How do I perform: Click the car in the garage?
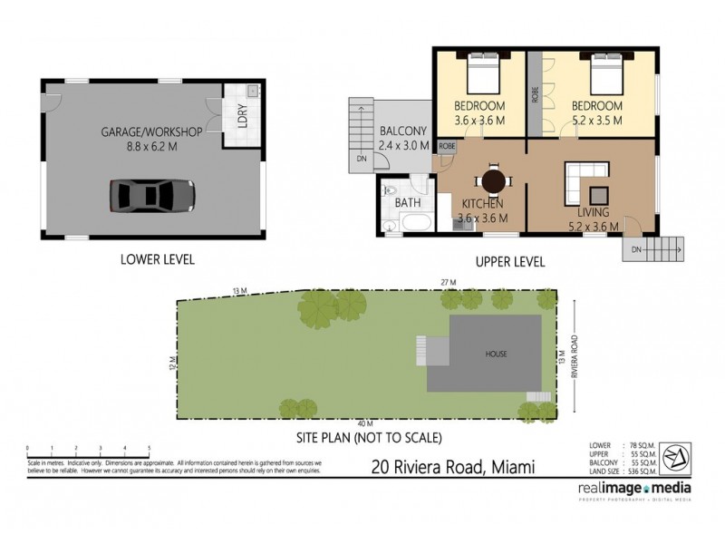coord(152,193)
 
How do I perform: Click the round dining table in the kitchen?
coord(493,180)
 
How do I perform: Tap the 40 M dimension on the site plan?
coord(364,424)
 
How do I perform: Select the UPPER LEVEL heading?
coord(510,262)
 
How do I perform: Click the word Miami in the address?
coord(510,468)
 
